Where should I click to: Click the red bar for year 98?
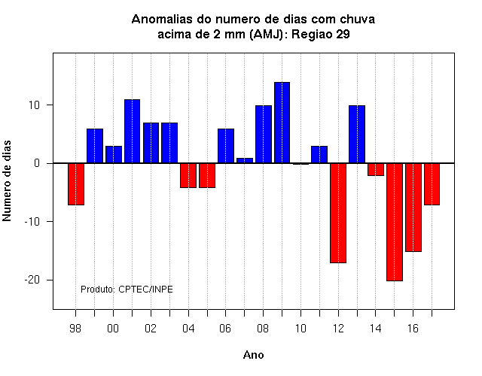pos(76,183)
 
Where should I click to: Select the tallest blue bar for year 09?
pos(282,123)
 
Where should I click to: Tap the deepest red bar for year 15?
pos(395,222)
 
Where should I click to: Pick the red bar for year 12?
pos(338,213)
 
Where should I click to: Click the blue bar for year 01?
pos(133,131)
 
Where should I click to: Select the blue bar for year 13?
pos(357,134)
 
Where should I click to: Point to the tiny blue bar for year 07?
pos(245,160)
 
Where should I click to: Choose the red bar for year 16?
pos(413,208)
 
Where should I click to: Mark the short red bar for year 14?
pos(376,169)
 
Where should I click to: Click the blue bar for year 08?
pos(264,134)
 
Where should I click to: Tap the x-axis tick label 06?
pos(225,329)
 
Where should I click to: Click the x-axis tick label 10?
pos(300,329)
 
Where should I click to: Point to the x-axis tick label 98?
pos(75,329)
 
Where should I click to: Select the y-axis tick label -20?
pos(32,280)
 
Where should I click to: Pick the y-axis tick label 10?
pos(35,105)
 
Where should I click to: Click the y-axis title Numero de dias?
pos(7,180)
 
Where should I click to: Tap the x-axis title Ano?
pos(254,355)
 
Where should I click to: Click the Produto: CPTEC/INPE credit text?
pos(127,289)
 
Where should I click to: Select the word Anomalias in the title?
pos(166,19)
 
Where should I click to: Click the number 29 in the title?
pos(343,34)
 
